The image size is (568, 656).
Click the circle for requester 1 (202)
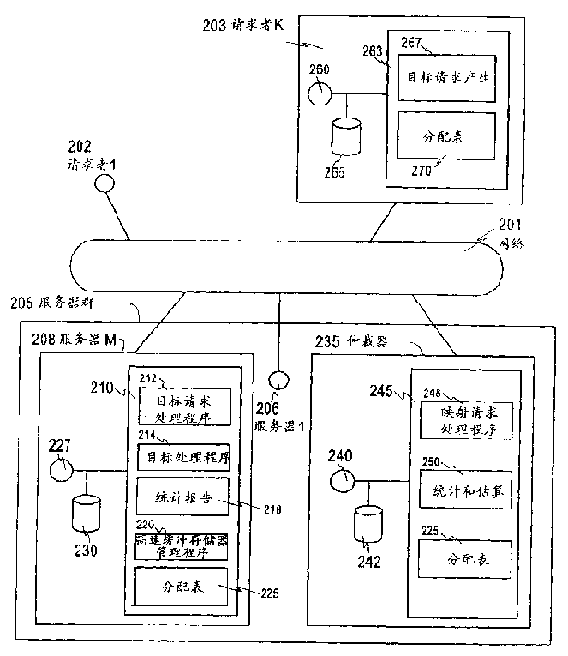[105, 183]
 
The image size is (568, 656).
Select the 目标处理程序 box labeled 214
[177, 456]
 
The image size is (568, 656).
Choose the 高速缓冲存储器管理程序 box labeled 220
[177, 541]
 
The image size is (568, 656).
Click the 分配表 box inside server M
[177, 585]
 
